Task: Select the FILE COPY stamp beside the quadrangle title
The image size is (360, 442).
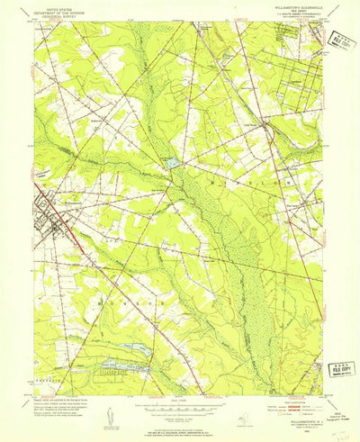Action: (343, 43)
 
